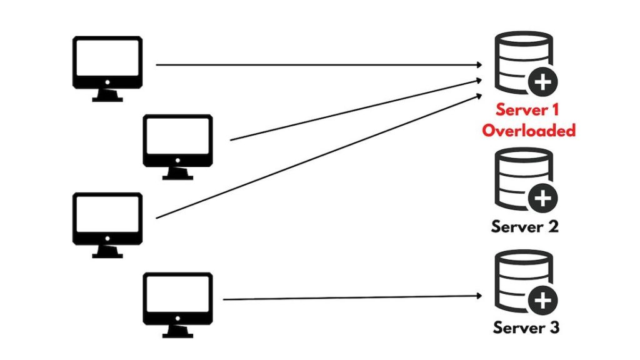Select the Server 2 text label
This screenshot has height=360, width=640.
point(525,226)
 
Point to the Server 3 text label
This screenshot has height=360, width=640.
point(526,327)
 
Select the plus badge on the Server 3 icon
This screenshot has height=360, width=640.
point(542,302)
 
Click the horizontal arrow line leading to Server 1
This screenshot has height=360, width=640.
point(312,64)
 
